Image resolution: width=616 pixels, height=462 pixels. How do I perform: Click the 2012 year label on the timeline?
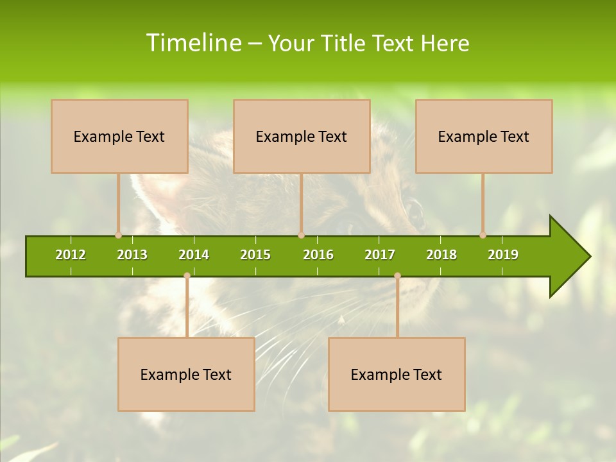[71, 255]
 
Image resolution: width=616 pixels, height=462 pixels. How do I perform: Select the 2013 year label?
[132, 255]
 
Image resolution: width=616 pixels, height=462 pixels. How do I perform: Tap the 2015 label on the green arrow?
[255, 255]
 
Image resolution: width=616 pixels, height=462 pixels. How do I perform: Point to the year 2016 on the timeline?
[318, 255]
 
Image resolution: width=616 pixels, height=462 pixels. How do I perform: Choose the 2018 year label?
[441, 255]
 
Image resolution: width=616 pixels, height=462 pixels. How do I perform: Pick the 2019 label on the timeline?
[503, 255]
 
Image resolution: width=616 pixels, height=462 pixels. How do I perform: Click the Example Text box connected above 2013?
[119, 136]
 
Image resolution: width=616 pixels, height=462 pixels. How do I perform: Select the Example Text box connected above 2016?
[302, 136]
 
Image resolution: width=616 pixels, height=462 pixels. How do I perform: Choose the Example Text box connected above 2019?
[484, 136]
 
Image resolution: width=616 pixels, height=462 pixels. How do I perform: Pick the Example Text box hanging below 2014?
[186, 374]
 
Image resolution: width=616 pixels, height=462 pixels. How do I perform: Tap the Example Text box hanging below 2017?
[397, 374]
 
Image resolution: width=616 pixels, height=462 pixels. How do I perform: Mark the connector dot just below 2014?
[187, 276]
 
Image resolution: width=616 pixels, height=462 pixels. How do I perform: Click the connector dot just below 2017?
[397, 276]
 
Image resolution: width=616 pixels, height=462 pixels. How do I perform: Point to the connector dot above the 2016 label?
[301, 235]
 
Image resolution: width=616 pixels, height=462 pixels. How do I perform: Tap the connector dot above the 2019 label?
[483, 235]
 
